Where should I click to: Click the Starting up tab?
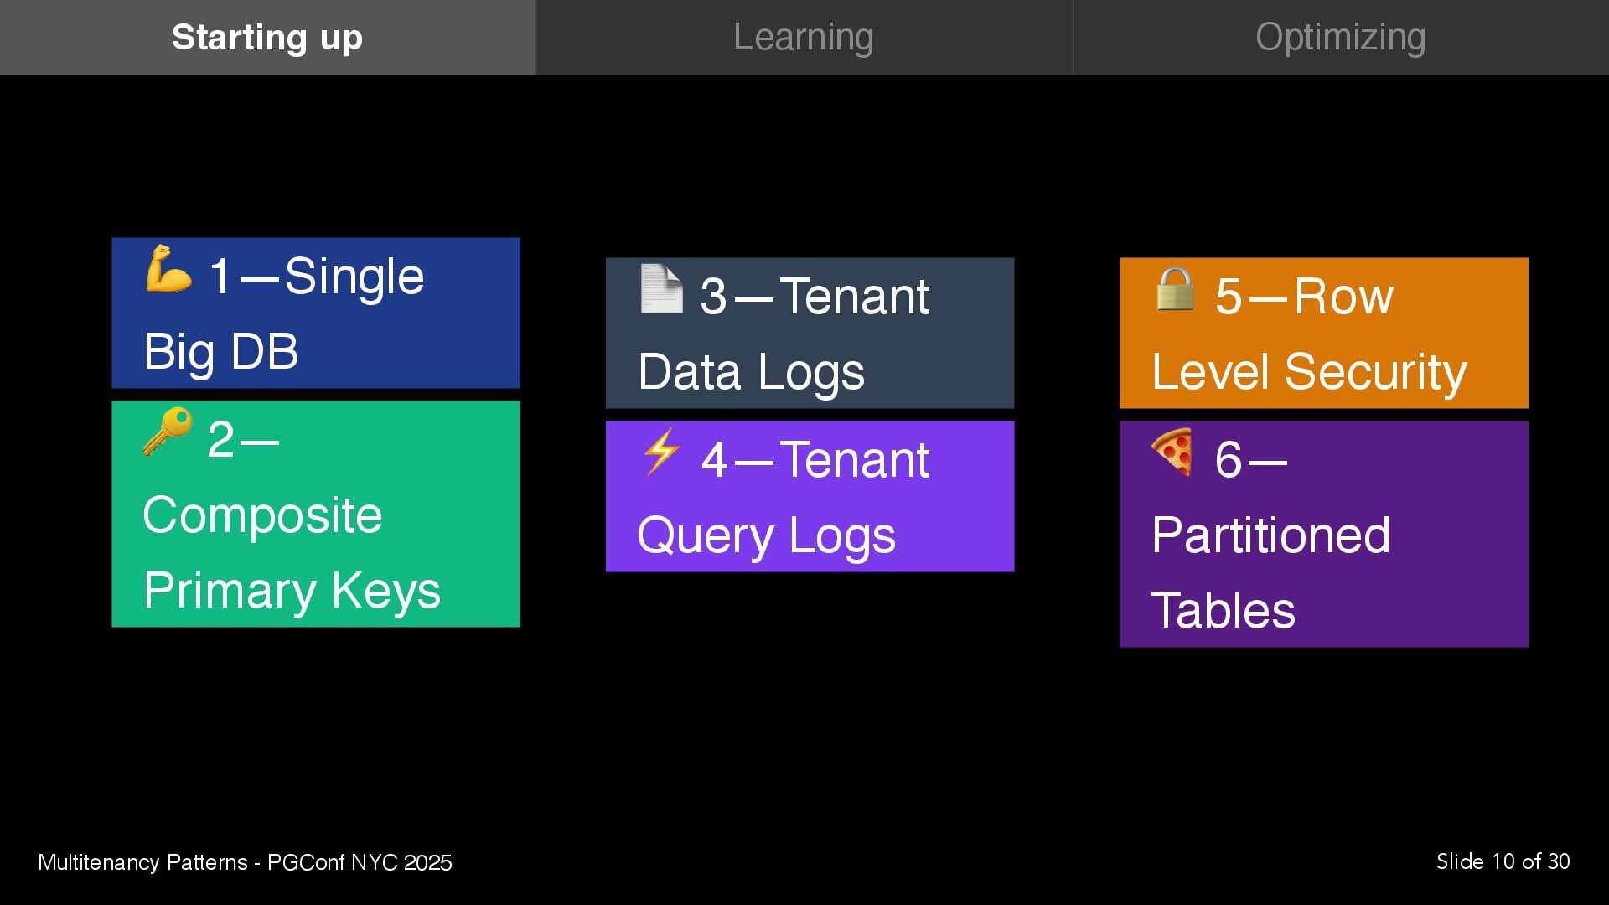(267, 38)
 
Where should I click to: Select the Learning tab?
(804, 38)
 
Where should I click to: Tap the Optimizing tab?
(1340, 38)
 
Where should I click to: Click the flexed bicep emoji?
(168, 269)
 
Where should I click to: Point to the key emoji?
(168, 432)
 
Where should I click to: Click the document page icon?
(661, 288)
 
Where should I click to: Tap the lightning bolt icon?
(661, 452)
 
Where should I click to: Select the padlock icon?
(1175, 288)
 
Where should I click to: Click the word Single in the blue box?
(354, 276)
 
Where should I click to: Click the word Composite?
(262, 515)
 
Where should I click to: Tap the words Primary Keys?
(292, 590)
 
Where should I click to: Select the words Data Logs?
(751, 371)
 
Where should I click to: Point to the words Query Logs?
(766, 535)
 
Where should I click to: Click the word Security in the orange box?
(1375, 371)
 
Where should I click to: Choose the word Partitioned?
(1270, 535)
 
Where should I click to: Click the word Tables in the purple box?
(1223, 610)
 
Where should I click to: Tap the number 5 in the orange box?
(1229, 296)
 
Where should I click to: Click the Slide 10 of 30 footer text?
(1503, 861)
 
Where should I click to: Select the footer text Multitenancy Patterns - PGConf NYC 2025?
(245, 862)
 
